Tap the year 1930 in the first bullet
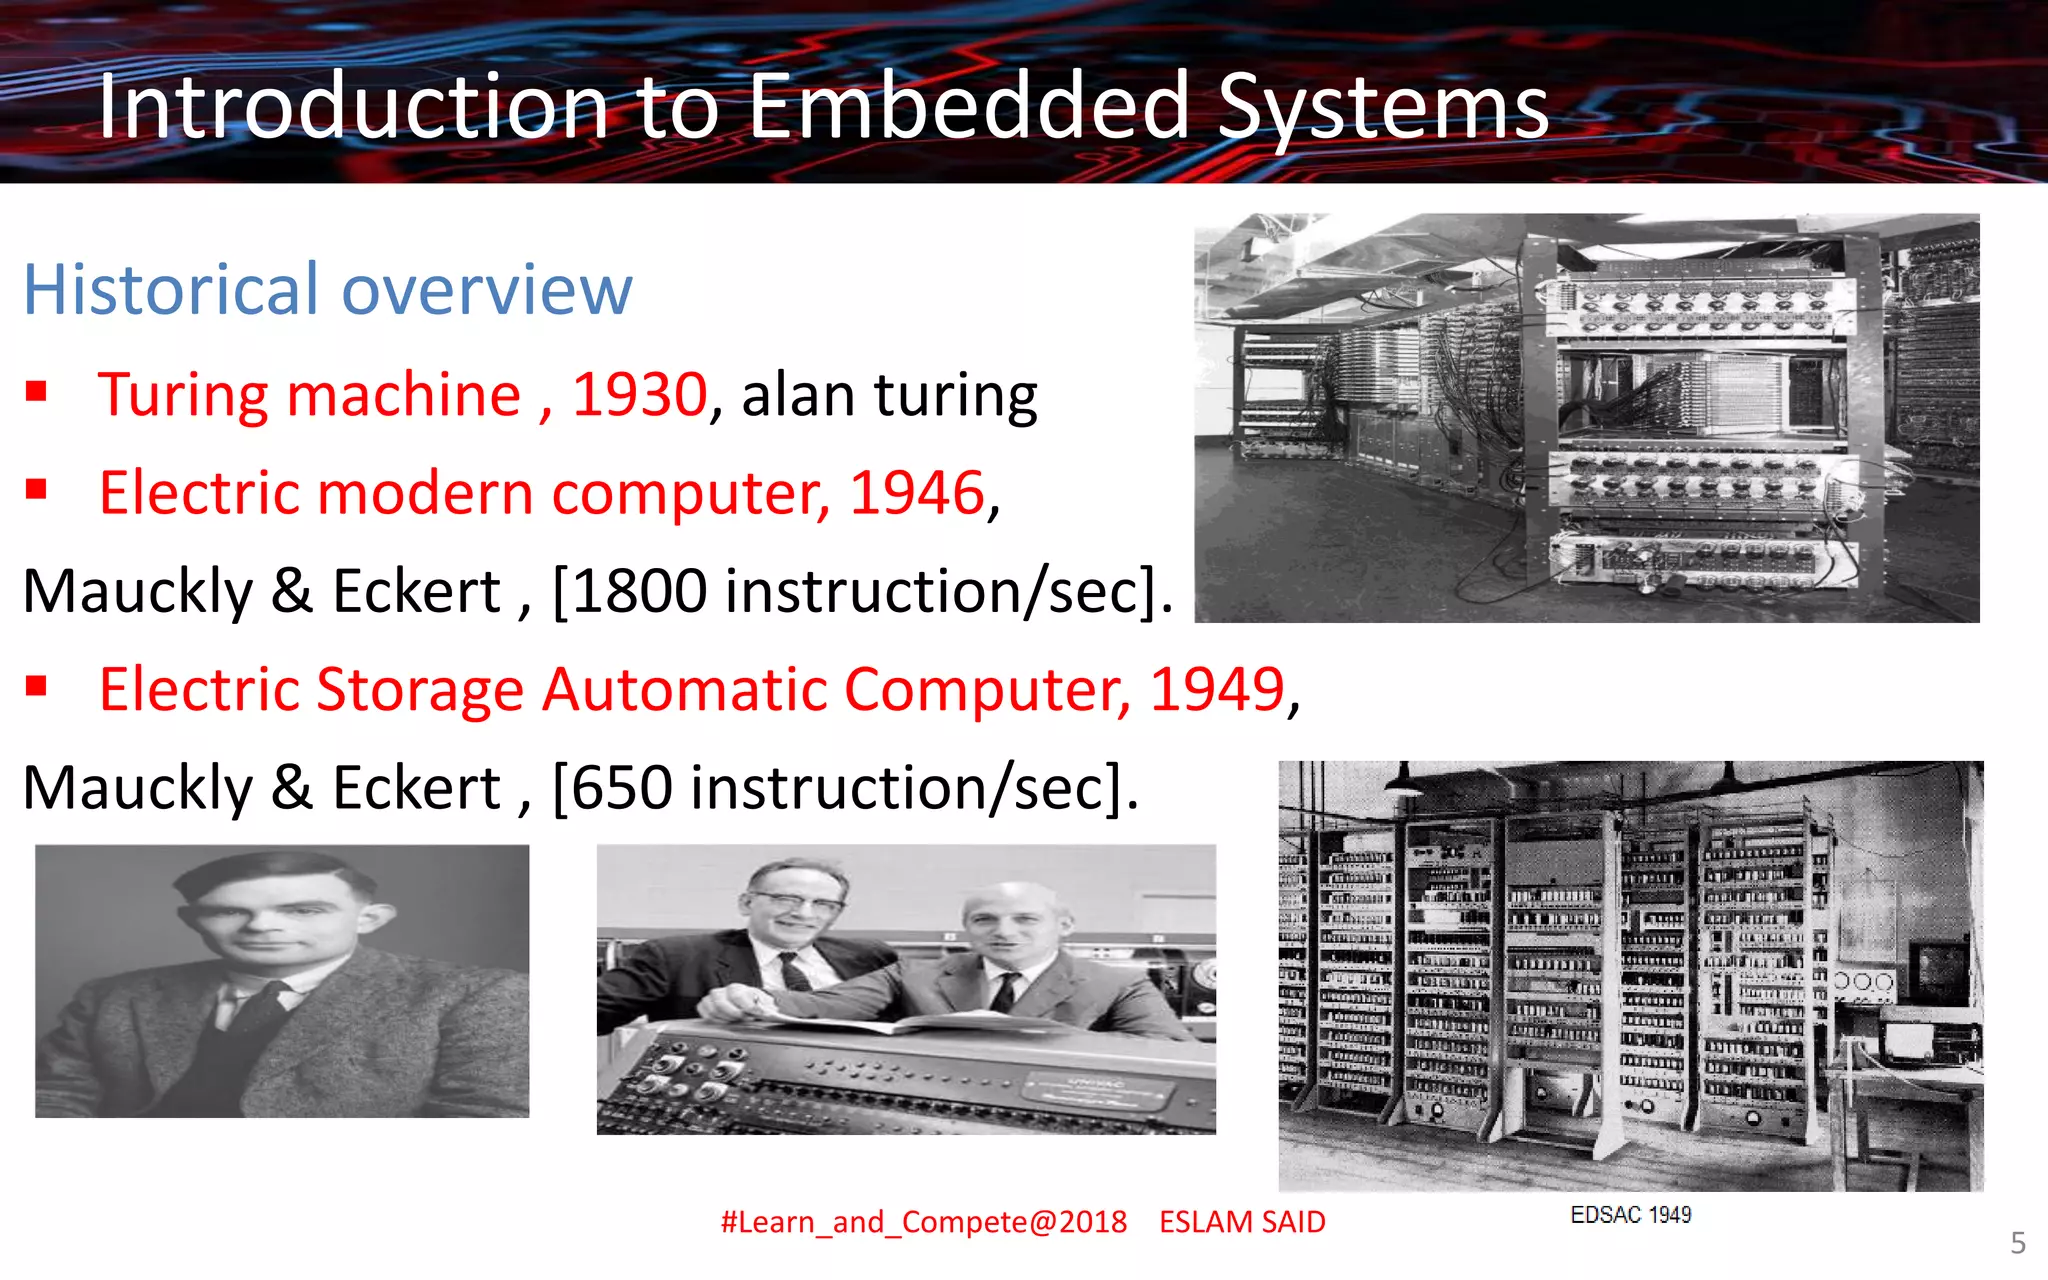(x=640, y=395)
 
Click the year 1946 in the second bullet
(x=917, y=493)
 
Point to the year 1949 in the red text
(x=1217, y=690)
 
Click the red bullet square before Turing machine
(x=37, y=390)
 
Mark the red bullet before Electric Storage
(x=37, y=685)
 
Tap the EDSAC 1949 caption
(x=1630, y=1215)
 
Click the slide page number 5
(x=2018, y=1243)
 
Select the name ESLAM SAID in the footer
(x=1242, y=1222)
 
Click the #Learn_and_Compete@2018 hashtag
(x=923, y=1222)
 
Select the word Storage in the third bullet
(x=420, y=690)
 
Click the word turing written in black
(x=956, y=395)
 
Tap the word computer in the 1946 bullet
(x=690, y=493)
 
